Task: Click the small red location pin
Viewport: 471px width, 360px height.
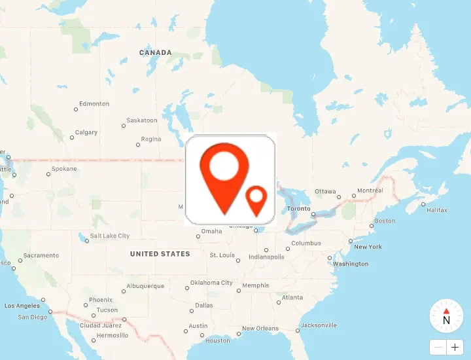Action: [x=256, y=199]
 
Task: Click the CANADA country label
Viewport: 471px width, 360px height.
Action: [x=156, y=52]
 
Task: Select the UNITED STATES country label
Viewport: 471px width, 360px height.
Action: [x=160, y=254]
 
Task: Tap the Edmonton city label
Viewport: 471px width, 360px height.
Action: [x=94, y=104]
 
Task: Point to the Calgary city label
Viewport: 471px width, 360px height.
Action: [x=86, y=132]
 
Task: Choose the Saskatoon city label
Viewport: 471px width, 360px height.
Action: [x=142, y=120]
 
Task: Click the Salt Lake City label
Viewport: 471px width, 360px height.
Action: [x=110, y=236]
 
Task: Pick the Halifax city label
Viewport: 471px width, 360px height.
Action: [x=437, y=210]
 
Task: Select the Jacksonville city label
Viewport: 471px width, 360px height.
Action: [x=319, y=325]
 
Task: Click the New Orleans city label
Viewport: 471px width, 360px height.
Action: [x=260, y=329]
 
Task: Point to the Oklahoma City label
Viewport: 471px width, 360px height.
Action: [x=211, y=283]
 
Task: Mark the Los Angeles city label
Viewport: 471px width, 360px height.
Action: [x=22, y=306]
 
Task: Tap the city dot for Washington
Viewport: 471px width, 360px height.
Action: [x=330, y=258]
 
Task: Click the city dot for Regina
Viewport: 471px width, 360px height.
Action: [x=137, y=145]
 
